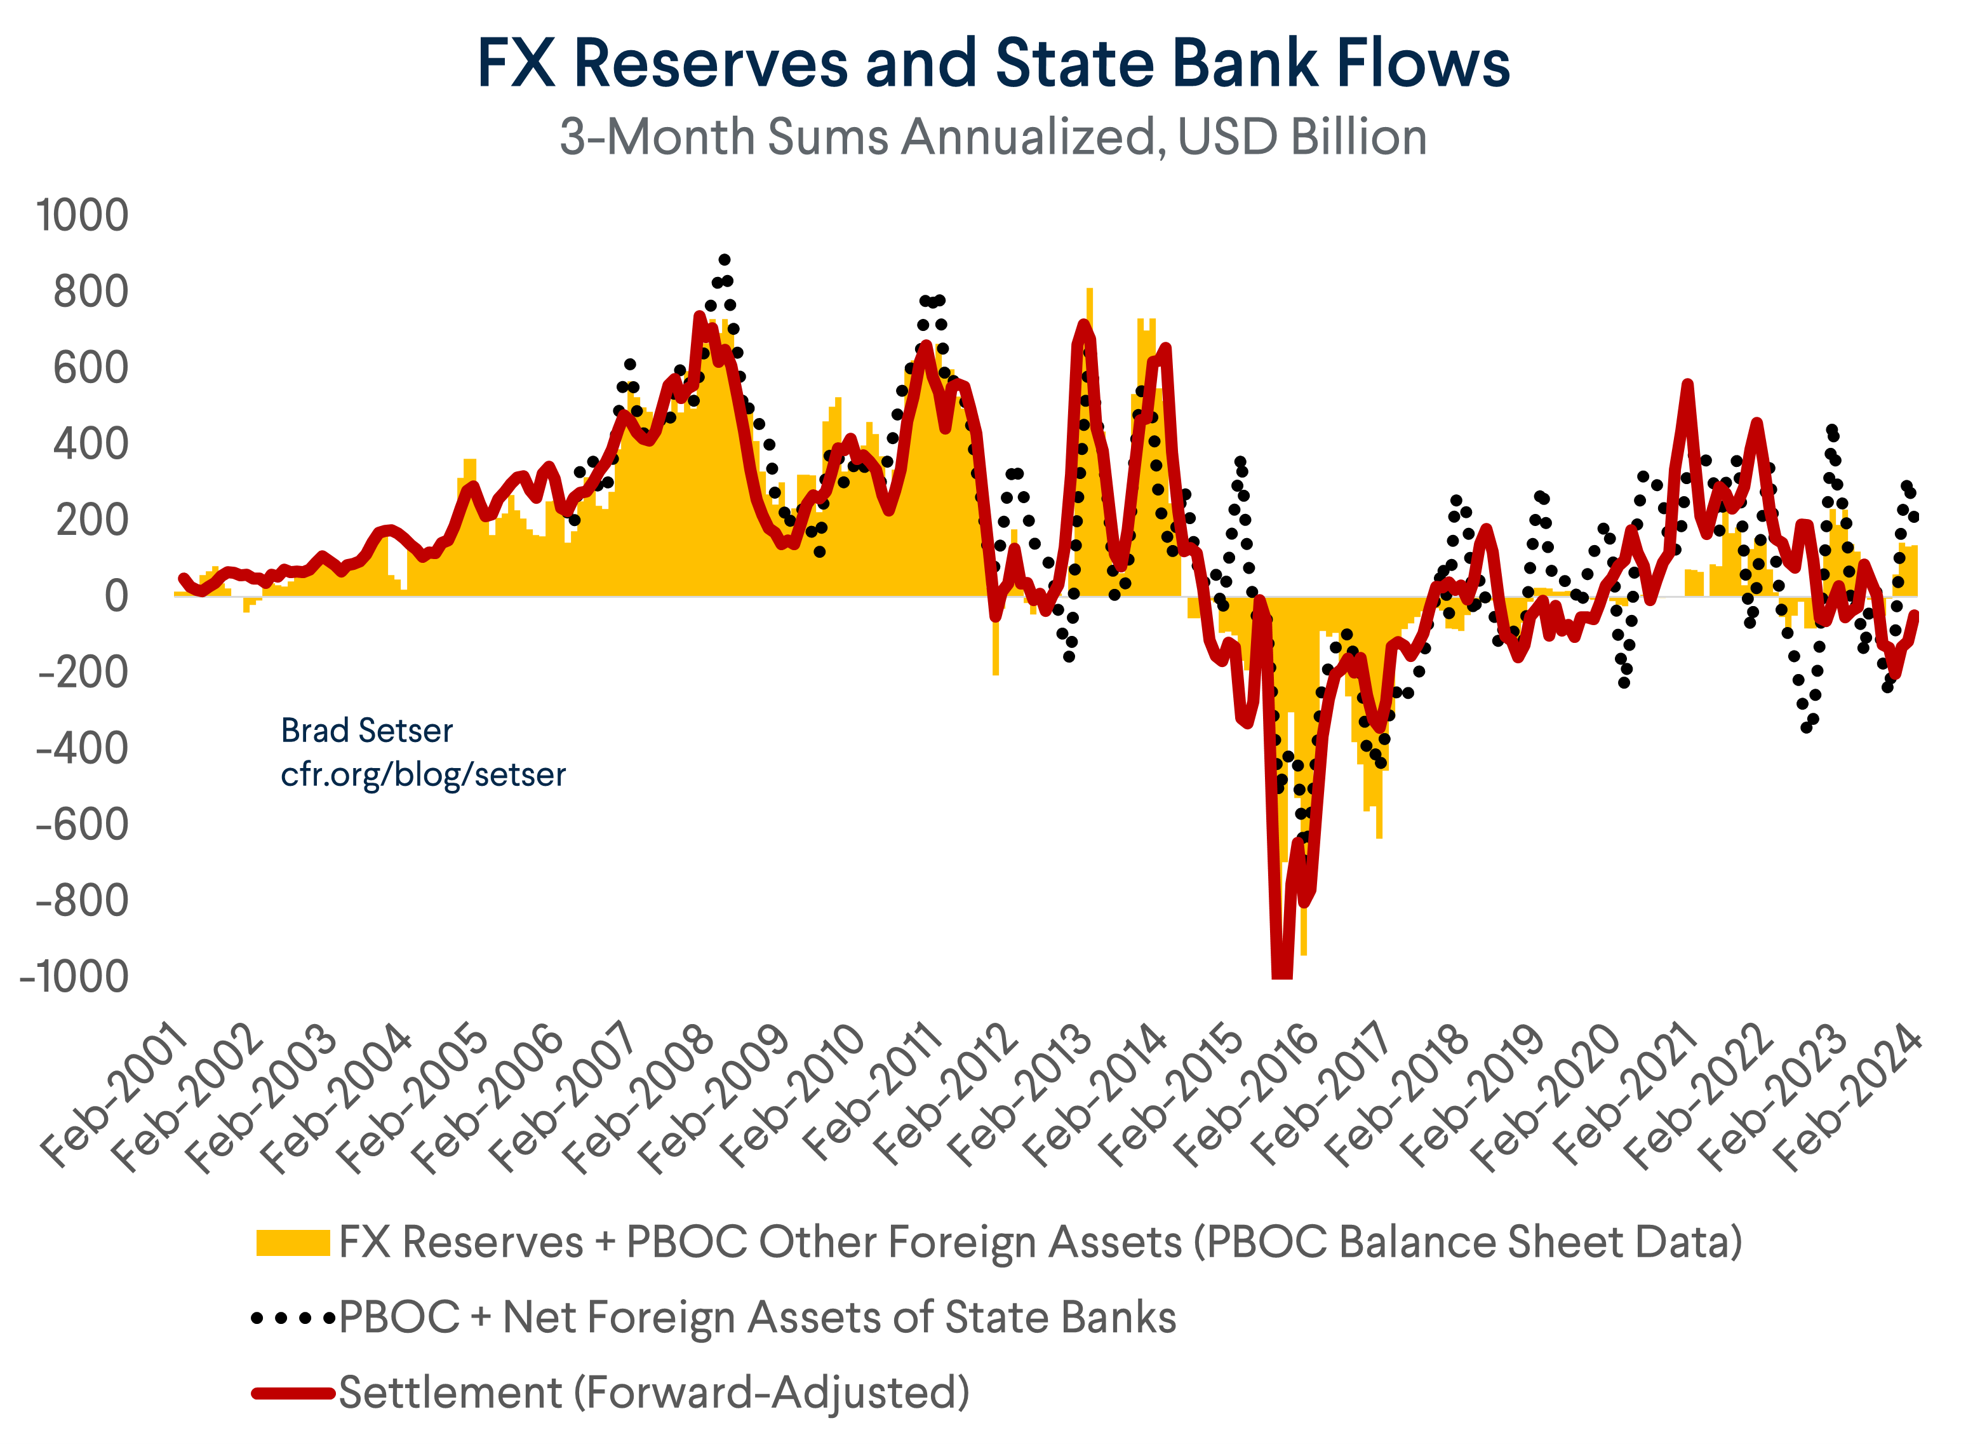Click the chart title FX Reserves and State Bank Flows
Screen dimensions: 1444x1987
tap(993, 63)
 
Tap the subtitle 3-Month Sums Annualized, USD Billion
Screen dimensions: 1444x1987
tap(993, 138)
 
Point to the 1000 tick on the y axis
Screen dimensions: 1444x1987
tap(81, 215)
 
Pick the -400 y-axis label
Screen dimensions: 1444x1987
tap(81, 750)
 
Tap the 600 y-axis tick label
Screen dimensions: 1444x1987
tap(90, 368)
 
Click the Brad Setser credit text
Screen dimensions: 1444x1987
tap(366, 731)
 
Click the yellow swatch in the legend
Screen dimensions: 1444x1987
tap(293, 1243)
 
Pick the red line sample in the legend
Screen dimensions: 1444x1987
tap(293, 1393)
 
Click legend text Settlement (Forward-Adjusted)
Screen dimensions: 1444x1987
tap(653, 1393)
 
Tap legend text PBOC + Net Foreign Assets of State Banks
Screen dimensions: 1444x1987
tap(757, 1318)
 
